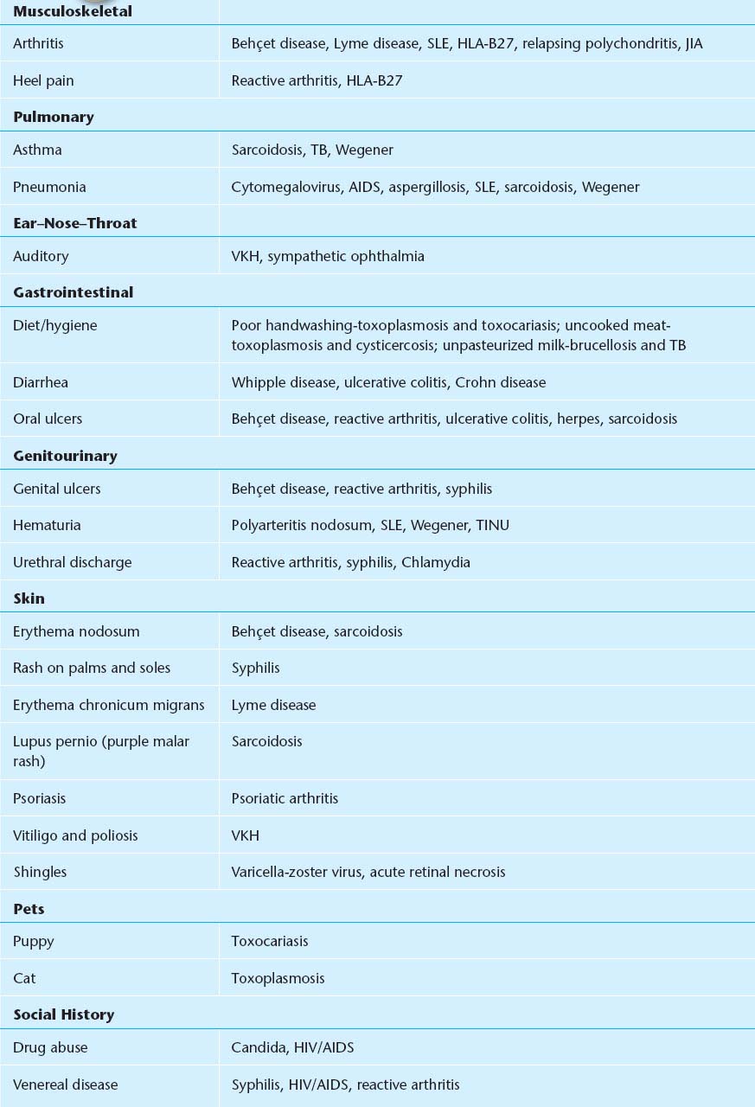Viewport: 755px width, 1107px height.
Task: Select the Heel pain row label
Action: pos(43,80)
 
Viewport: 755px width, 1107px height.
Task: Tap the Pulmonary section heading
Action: pos(54,117)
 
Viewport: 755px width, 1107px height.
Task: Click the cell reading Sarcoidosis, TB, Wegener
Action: pos(312,150)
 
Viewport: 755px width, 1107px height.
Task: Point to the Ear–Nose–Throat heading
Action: pos(75,223)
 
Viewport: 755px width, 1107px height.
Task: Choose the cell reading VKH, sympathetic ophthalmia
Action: pos(328,256)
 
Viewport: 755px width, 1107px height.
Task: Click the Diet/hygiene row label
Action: pos(55,325)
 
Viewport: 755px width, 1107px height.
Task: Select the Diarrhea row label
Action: pos(41,382)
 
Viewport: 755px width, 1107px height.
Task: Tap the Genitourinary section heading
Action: pos(65,456)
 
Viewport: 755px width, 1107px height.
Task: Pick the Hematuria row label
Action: pos(47,525)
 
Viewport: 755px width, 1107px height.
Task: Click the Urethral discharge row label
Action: pos(73,562)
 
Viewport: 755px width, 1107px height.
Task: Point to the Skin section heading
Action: pos(29,598)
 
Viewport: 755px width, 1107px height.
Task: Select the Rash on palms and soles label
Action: pos(92,668)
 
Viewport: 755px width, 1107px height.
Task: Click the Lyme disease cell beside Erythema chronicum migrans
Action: pos(273,705)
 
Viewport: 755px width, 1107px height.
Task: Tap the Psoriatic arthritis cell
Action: pos(285,798)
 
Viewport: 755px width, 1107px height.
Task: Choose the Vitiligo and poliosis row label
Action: pos(75,835)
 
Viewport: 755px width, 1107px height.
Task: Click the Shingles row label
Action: pos(40,872)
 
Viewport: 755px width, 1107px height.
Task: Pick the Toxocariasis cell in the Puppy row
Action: pos(270,941)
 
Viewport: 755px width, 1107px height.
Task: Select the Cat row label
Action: pos(24,978)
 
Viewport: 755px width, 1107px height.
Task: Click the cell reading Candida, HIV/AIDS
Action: pos(292,1047)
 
